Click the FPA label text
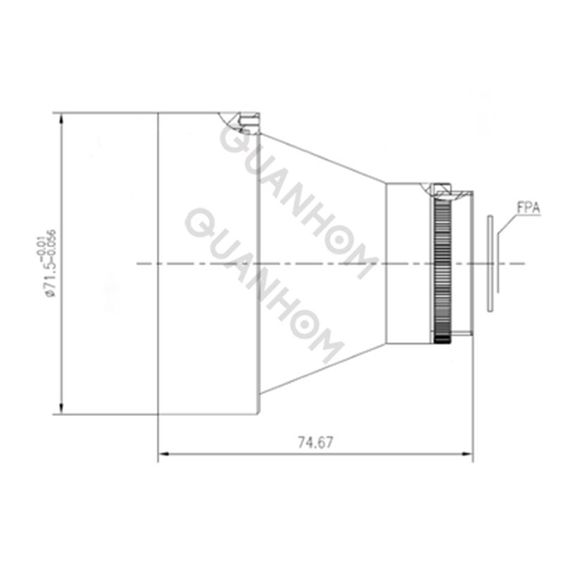529,208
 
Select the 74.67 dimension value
315,443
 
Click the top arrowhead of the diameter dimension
62,118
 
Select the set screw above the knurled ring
443,188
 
